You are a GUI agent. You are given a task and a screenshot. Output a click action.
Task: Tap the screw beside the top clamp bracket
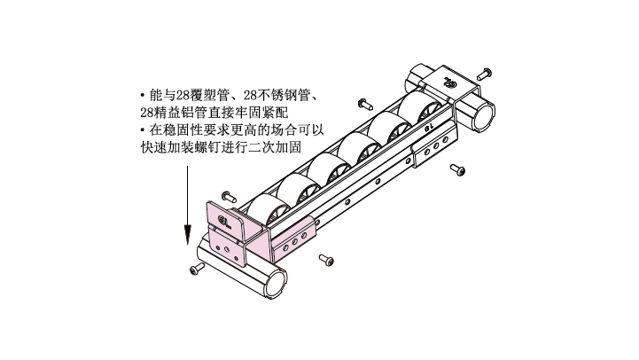point(485,74)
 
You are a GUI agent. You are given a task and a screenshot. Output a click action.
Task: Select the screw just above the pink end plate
point(230,197)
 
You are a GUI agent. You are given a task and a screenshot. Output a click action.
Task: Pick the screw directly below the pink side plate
point(326,260)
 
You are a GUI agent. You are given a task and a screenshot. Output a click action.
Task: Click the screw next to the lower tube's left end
point(198,268)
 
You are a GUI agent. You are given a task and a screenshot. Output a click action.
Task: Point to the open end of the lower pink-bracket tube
point(277,284)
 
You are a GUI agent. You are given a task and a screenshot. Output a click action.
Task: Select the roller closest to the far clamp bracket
point(420,106)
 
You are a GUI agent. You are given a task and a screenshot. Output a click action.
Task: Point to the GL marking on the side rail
point(429,127)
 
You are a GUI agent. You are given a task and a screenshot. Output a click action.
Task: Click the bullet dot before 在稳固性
point(143,130)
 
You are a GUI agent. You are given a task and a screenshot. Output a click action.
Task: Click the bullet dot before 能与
point(143,96)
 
